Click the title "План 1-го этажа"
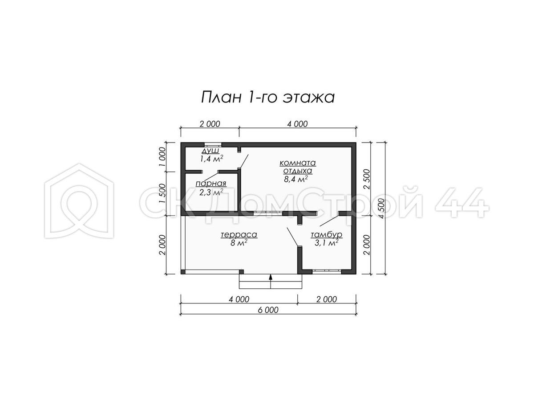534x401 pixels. [268, 98]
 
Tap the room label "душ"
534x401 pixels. [210, 151]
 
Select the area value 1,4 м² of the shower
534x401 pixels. [211, 159]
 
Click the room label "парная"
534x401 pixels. [211, 183]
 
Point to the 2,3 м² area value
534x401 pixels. [211, 192]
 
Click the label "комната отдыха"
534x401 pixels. [298, 167]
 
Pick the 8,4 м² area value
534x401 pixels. [295, 179]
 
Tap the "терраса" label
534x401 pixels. [239, 235]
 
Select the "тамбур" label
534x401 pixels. [327, 235]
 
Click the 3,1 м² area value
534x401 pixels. [327, 243]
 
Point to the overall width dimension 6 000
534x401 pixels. [268, 310]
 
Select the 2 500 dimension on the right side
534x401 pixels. [367, 179]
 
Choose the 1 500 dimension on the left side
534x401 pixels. [162, 193]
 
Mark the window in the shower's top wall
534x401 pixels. [213, 145]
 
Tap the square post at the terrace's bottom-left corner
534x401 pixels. [183, 272]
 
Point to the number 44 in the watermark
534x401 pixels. [461, 203]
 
